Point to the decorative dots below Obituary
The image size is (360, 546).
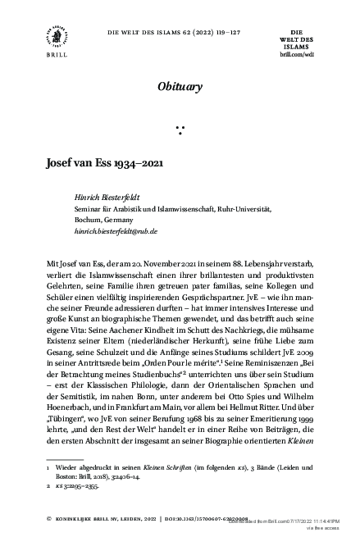[x=180, y=128]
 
